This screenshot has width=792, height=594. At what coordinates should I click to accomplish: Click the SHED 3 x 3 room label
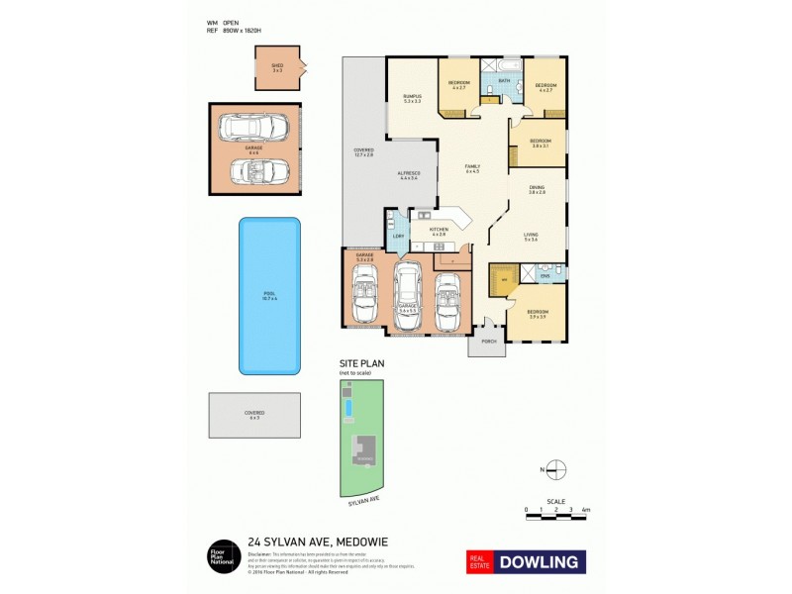277,68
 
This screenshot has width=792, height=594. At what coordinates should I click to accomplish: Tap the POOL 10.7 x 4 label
268,295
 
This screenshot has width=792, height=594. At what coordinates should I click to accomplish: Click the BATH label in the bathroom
504,80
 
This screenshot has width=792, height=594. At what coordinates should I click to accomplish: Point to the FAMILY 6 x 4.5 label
472,170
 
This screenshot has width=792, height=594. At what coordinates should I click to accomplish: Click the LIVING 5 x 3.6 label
531,237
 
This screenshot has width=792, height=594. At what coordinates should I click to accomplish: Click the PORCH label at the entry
487,341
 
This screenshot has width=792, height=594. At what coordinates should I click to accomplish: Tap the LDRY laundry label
398,236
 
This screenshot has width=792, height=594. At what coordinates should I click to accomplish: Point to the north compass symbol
556,468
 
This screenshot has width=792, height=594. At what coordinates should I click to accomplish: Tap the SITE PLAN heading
360,364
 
